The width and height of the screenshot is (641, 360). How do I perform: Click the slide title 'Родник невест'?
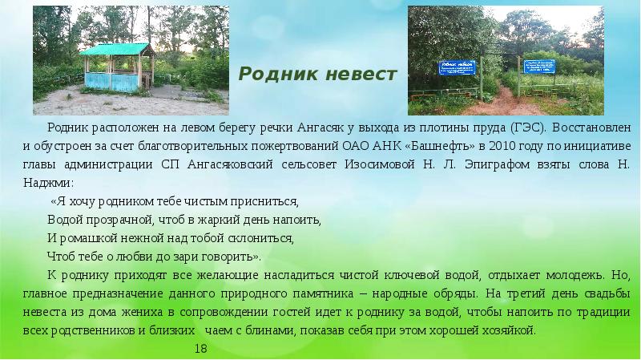click(x=319, y=75)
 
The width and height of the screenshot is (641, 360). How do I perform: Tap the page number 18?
click(x=201, y=349)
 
